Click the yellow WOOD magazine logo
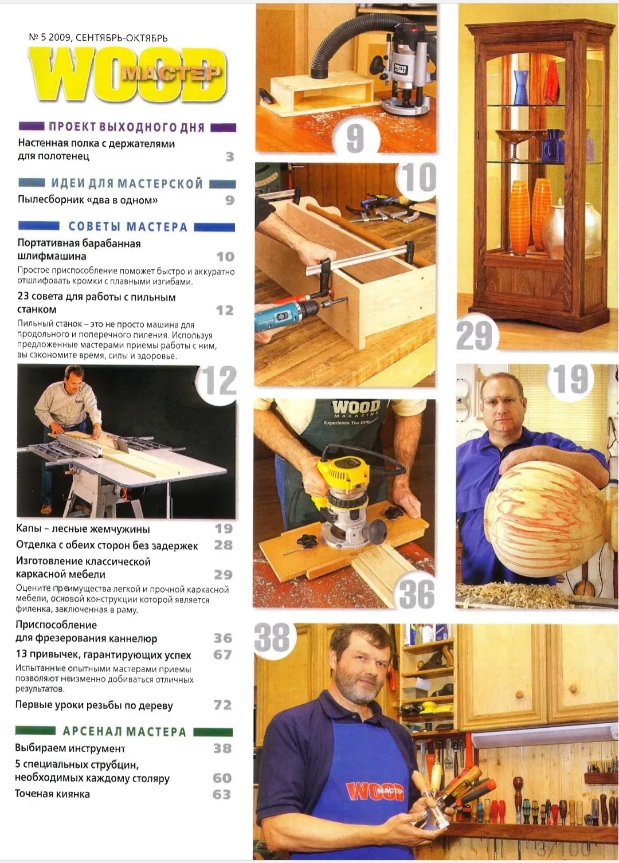coord(127,74)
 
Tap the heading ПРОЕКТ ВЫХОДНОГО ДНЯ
coord(127,127)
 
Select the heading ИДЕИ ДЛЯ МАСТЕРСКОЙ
coord(127,183)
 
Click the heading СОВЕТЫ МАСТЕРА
coord(128,226)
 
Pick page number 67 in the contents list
coord(222,654)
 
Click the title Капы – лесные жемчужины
coord(83,529)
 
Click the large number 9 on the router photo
coord(355,139)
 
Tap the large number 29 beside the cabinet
coord(475,336)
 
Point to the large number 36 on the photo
coord(417,594)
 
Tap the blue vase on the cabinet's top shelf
coord(520,88)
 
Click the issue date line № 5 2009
coord(98,38)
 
